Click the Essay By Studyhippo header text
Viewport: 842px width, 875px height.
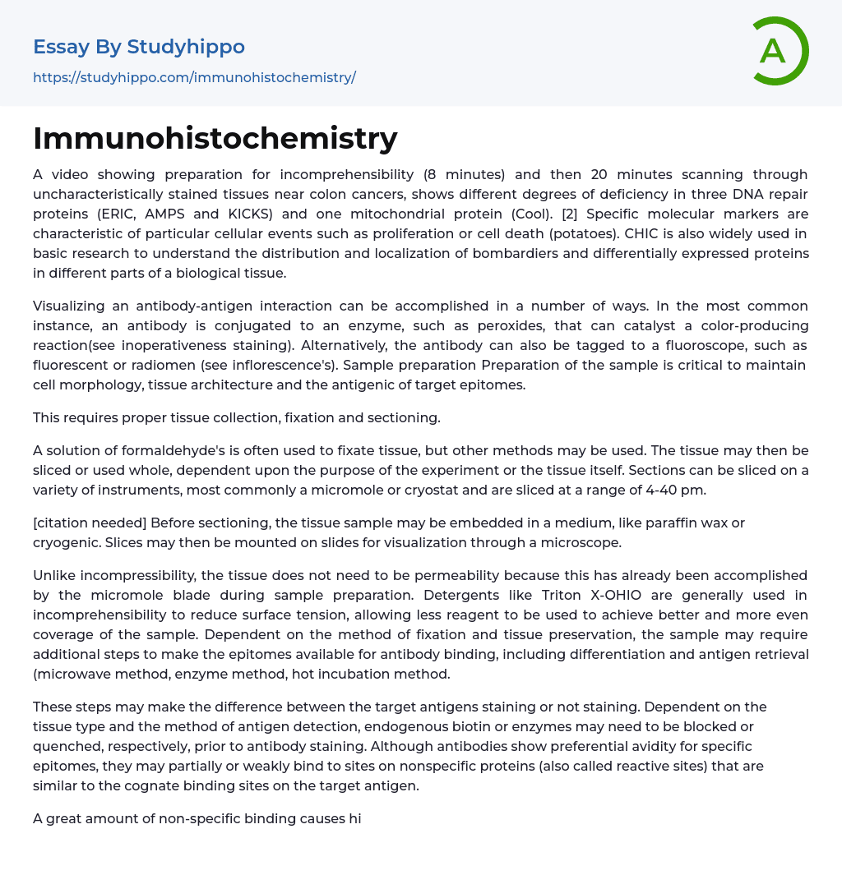click(139, 47)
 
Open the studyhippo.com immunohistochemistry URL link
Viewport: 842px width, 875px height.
click(194, 77)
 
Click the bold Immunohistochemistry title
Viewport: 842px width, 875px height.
click(215, 138)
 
